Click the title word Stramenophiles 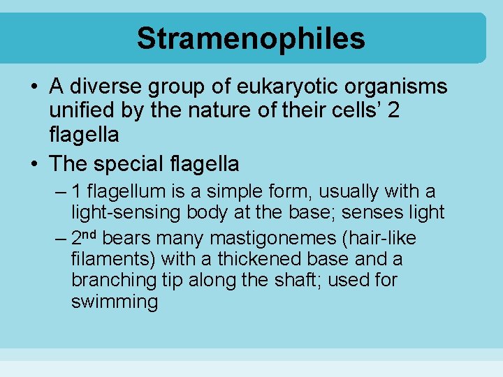tap(251, 38)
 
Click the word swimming tap(114, 302)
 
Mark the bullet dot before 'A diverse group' tap(34, 87)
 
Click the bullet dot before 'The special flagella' tap(34, 165)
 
